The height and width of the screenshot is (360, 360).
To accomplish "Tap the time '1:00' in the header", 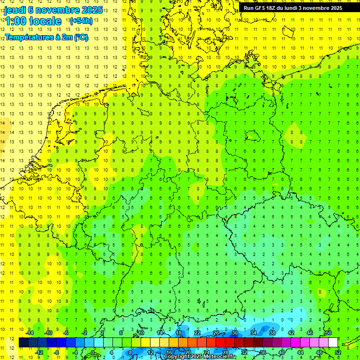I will click(x=17, y=21).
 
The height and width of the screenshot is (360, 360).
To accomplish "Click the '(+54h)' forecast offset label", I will click(x=81, y=21).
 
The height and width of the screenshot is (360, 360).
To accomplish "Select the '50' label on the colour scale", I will click(x=329, y=333).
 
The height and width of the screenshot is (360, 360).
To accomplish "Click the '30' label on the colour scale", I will click(x=235, y=333).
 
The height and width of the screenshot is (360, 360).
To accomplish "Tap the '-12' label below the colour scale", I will click(x=39, y=352).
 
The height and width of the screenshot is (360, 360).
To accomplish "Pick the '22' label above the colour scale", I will click(x=197, y=333).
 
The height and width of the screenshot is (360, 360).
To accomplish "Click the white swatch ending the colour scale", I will click(x=333, y=342).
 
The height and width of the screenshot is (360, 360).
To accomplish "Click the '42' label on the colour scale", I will click(x=291, y=333).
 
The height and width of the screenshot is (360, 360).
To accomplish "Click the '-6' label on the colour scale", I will click(x=67, y=333).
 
